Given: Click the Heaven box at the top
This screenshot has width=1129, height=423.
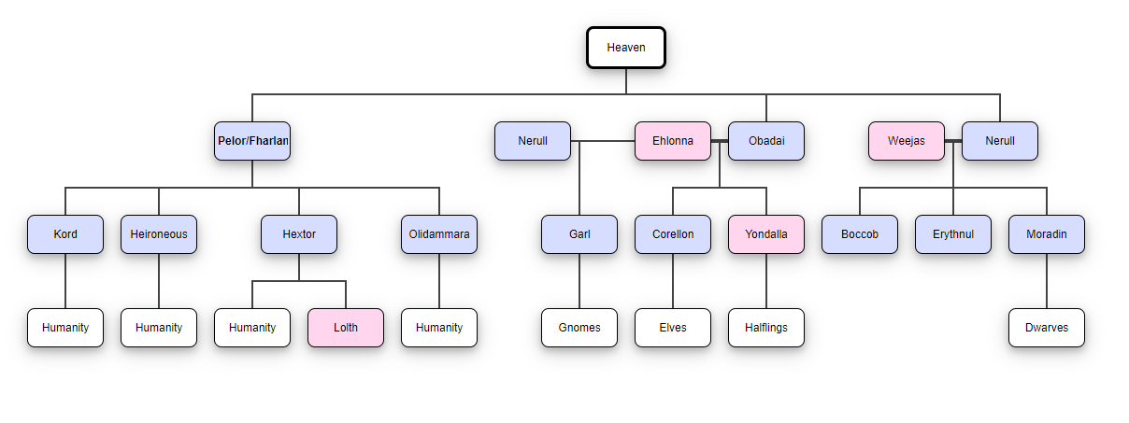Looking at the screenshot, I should tap(626, 48).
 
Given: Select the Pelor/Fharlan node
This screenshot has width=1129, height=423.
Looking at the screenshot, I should tap(252, 141).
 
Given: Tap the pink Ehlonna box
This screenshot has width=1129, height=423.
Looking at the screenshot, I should tap(673, 141).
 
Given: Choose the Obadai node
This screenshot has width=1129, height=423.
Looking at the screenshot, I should tap(766, 141).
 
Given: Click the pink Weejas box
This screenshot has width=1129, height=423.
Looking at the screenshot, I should tap(907, 141).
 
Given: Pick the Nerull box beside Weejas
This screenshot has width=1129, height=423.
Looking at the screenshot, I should tap(1000, 141).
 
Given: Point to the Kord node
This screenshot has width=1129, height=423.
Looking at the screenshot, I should tap(65, 234).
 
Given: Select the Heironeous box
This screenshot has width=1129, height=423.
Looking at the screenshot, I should tap(159, 234).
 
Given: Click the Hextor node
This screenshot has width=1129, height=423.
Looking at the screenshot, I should tap(299, 234).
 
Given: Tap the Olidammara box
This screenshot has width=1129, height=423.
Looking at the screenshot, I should tap(439, 234).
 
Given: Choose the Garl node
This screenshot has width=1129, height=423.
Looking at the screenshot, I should tap(579, 234).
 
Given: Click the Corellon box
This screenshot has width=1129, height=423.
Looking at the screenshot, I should tap(673, 234).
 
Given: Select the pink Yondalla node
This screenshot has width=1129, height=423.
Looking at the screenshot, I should tap(766, 234).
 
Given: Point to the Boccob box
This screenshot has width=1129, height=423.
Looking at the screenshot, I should tap(860, 234).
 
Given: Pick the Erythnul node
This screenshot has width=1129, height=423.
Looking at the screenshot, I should tap(953, 234).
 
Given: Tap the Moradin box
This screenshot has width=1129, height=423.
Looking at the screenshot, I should tap(1047, 234).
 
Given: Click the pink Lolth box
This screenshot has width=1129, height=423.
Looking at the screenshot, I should tap(346, 328).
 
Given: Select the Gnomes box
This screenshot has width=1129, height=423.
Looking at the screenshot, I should tap(579, 328).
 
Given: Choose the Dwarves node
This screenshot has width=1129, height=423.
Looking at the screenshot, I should tap(1047, 328).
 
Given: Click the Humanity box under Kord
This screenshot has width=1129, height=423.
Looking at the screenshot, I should tap(65, 328).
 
